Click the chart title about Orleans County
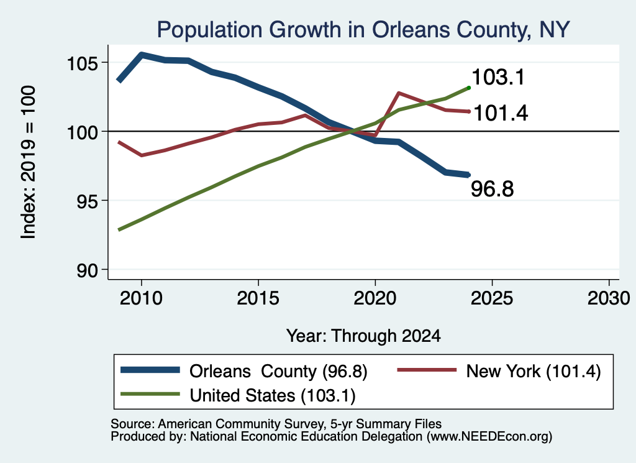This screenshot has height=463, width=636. coord(363,30)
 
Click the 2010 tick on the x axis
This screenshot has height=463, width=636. coord(141,298)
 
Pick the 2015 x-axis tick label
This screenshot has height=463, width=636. coord(258,298)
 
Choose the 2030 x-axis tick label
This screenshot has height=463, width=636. coord(609,298)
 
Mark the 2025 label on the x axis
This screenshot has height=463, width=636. coord(492,298)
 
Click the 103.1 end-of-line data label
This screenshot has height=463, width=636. coord(499,77)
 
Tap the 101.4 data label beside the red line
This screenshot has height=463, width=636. coord(501,113)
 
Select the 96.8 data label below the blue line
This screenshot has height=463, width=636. coord(493,189)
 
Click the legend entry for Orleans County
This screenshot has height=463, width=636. coord(244,371)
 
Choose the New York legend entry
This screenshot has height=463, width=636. coord(499,371)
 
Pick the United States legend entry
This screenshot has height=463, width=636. coord(238,395)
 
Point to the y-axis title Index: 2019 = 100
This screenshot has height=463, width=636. coord(29,162)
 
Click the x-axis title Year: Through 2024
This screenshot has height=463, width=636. coord(363,336)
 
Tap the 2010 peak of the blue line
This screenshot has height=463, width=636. coord(142,54)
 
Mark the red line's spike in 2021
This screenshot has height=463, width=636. coord(399,93)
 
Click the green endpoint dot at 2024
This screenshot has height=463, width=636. coord(469,88)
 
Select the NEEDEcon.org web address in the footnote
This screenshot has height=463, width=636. coord(489,436)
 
